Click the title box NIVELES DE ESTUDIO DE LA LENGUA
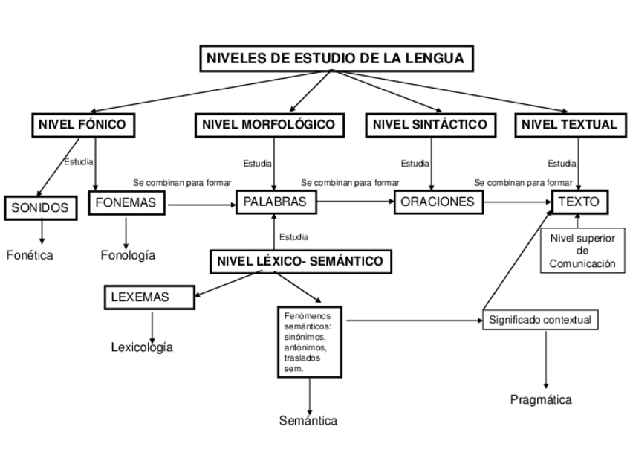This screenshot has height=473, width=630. click(x=335, y=58)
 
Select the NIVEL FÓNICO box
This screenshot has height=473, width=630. click(x=82, y=124)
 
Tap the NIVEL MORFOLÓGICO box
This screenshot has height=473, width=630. click(x=269, y=124)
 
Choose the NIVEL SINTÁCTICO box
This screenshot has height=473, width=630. click(x=431, y=124)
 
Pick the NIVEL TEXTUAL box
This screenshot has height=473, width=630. click(x=569, y=124)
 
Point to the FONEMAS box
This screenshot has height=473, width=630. click(x=126, y=202)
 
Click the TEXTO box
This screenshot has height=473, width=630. click(x=580, y=202)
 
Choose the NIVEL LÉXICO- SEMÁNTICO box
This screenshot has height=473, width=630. click(x=300, y=261)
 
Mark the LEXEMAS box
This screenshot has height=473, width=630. click(x=149, y=297)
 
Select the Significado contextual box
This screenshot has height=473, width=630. click(x=540, y=320)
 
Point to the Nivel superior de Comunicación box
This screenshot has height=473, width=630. click(x=582, y=251)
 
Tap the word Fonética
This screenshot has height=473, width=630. click(x=30, y=255)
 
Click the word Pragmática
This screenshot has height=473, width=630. click(x=541, y=400)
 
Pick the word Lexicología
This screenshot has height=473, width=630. click(x=142, y=347)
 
